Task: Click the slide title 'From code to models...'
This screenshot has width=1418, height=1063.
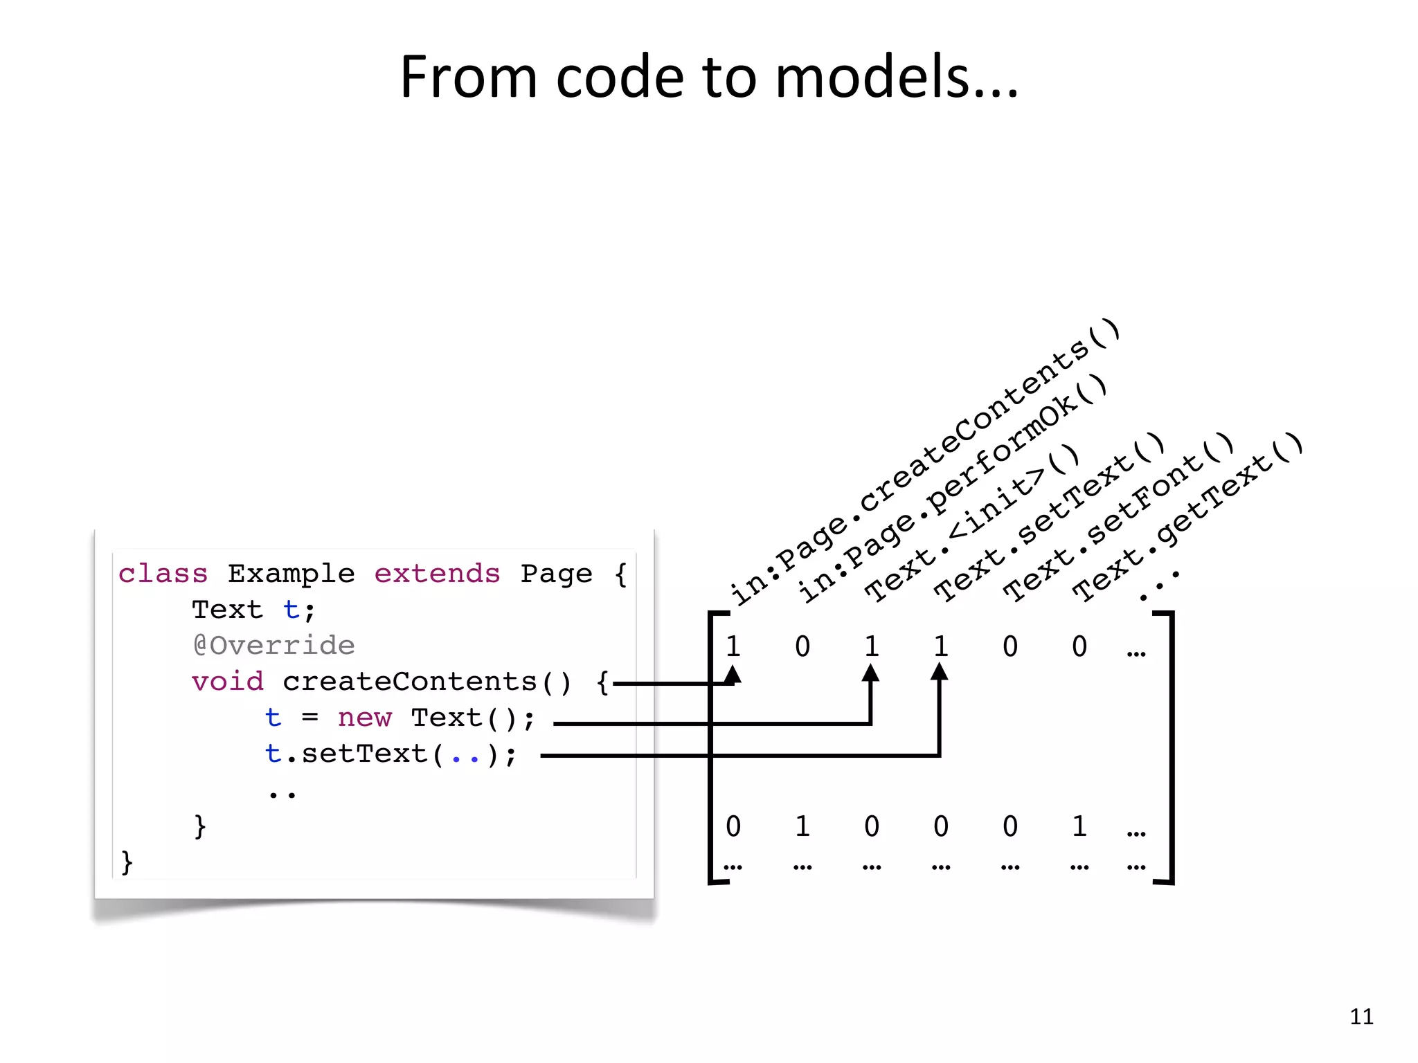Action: (x=709, y=78)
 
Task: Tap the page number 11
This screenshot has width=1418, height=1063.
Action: (x=1361, y=1016)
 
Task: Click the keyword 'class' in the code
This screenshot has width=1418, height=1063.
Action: (x=163, y=574)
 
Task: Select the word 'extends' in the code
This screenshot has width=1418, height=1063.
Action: (x=437, y=574)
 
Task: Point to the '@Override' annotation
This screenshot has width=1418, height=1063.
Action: (x=274, y=646)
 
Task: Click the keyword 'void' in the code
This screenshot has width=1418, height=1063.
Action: (x=228, y=682)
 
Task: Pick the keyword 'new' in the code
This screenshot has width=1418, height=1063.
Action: (x=364, y=718)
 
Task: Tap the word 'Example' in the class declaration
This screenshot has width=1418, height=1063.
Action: (x=291, y=574)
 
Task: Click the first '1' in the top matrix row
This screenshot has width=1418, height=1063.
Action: (x=733, y=646)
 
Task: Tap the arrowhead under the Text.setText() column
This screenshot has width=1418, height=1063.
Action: (x=940, y=672)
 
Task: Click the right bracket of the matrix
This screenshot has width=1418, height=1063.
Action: (x=1170, y=747)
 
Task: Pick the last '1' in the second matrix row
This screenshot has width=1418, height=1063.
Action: (x=1079, y=826)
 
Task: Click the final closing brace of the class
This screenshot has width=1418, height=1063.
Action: (x=127, y=862)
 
